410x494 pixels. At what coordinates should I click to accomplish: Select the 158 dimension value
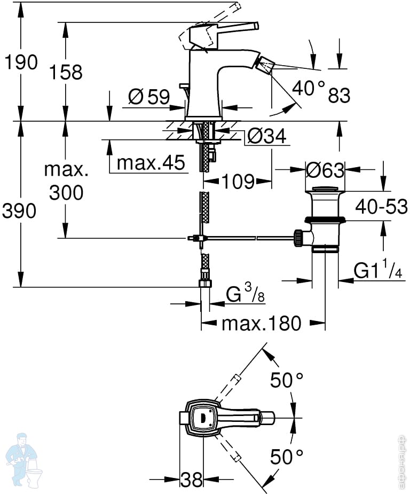pos(66,72)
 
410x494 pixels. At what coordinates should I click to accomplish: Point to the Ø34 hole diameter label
pos(266,137)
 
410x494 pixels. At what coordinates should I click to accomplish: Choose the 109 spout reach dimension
pos(238,182)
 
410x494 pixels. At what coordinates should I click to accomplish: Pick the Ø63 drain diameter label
pos(325,170)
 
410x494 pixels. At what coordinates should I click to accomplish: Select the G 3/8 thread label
pos(246,294)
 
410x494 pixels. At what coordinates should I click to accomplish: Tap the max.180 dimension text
pos(262,323)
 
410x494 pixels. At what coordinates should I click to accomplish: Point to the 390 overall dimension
pos(20,211)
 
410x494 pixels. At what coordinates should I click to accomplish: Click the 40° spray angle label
pos(309,88)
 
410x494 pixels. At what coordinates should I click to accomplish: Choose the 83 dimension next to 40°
pos(339,96)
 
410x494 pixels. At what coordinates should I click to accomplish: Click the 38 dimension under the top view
pos(191,479)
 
